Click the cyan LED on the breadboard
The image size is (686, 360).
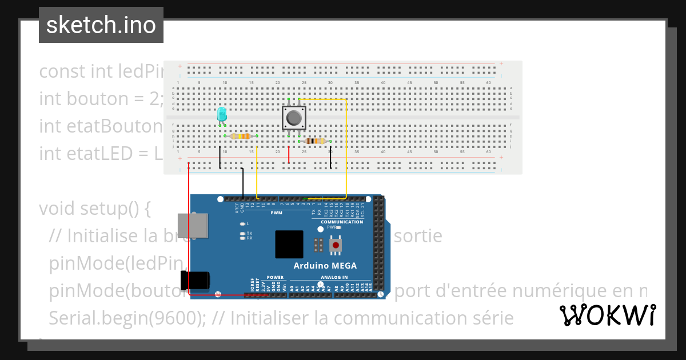tap(222, 114)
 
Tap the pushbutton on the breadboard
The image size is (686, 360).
tap(294, 118)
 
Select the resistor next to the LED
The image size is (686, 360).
tap(241, 136)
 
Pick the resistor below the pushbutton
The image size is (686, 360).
tap(315, 141)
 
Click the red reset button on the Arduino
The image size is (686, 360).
tap(336, 246)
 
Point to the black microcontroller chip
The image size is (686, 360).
tap(289, 245)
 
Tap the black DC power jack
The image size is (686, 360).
tap(194, 280)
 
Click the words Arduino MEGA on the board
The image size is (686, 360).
tap(325, 266)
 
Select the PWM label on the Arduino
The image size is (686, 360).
tap(277, 213)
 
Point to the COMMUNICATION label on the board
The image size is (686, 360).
tap(342, 222)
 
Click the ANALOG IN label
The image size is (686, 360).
tap(333, 277)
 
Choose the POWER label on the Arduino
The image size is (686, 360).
tap(275, 277)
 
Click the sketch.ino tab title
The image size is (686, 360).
tap(101, 25)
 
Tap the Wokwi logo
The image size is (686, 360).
tap(607, 315)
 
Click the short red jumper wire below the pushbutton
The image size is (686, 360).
tap(289, 154)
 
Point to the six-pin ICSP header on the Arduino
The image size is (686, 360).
tap(318, 246)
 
